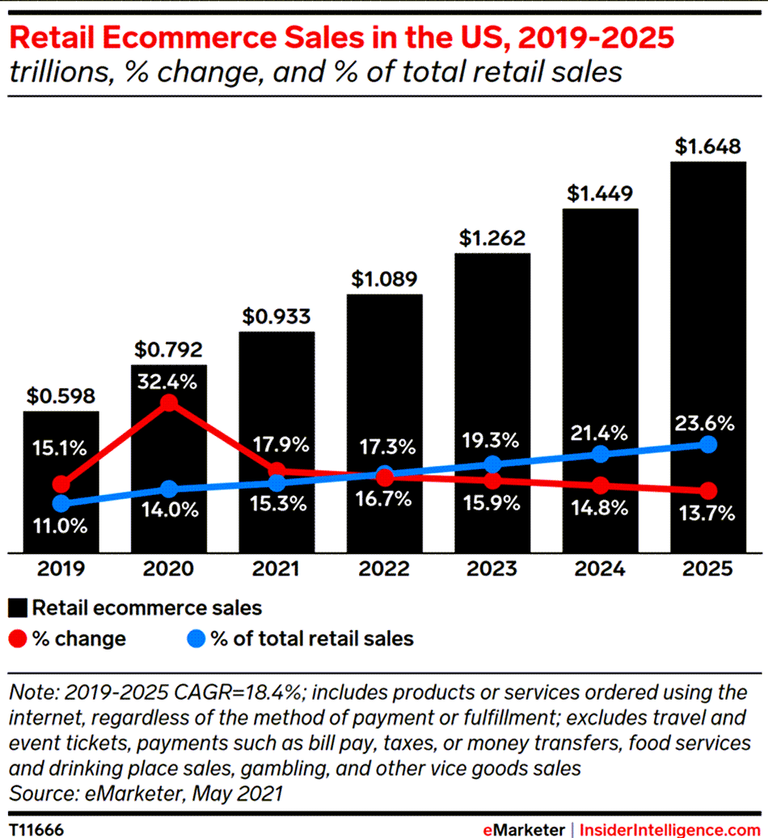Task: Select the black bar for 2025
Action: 708,356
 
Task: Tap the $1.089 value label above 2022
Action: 384,280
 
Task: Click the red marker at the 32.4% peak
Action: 169,403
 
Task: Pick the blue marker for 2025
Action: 708,444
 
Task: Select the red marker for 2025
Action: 708,491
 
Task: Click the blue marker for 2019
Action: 61,504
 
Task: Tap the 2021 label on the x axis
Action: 276,568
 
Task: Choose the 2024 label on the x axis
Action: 600,568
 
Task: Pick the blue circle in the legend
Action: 195,638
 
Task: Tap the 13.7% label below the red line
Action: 707,513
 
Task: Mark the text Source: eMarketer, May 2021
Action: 145,793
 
